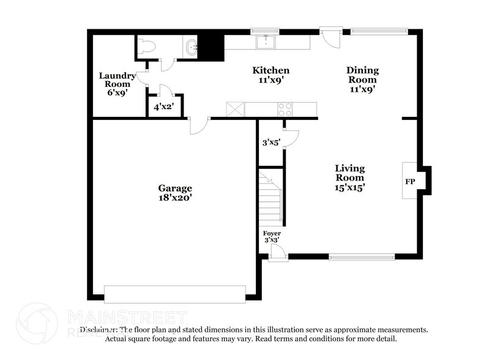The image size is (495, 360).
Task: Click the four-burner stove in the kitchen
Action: pos(286,110)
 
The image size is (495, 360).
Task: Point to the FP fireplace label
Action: pos(409,182)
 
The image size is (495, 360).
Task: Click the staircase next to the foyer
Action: pos(270,199)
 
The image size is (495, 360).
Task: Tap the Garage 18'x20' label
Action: pos(176,193)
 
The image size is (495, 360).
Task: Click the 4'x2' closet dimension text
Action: pos(163,107)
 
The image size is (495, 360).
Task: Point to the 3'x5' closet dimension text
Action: pos(270,143)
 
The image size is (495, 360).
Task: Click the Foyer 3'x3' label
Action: pos(272,237)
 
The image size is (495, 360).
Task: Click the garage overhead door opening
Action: pos(175,293)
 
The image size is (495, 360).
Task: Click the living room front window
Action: pos(362,257)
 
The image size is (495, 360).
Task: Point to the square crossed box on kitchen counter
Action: pos(235,109)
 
